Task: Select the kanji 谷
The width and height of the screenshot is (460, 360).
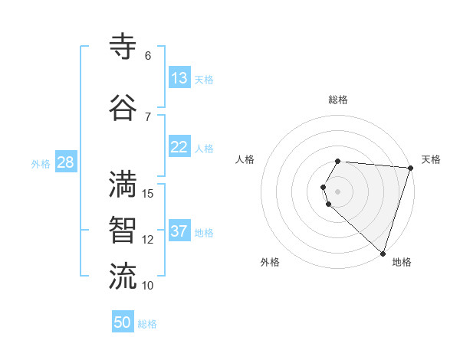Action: [123, 108]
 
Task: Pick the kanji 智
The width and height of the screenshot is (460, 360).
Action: [123, 231]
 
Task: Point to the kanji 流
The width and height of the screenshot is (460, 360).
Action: [123, 277]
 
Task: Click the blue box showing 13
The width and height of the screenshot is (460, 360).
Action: [179, 78]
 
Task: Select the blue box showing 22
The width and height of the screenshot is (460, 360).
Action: [179, 147]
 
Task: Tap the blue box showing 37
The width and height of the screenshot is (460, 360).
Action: [179, 231]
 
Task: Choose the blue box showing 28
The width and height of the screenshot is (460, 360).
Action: [65, 162]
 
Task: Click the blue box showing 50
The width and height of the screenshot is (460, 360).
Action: [123, 322]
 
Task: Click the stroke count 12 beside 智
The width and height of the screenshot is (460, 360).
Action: [148, 240]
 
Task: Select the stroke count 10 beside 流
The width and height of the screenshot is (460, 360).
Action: [148, 286]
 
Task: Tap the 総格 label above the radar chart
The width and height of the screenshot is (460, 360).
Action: [338, 100]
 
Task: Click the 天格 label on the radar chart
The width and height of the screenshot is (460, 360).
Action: [431, 159]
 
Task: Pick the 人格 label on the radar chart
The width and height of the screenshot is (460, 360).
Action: [245, 159]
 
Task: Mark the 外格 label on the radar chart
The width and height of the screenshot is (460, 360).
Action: [270, 262]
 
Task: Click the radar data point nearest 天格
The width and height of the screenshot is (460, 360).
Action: [410, 168]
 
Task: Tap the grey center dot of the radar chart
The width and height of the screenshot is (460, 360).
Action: [338, 191]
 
